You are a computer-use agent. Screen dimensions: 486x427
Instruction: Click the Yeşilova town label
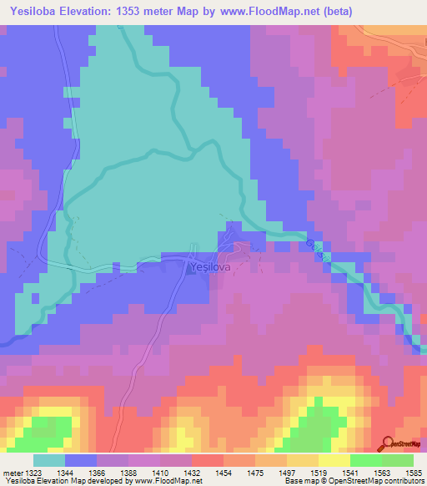tap(206, 267)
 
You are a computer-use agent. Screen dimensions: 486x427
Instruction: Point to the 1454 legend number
tap(223, 473)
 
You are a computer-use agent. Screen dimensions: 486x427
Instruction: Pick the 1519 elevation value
tap(318, 473)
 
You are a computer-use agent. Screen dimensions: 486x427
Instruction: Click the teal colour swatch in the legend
tap(48, 460)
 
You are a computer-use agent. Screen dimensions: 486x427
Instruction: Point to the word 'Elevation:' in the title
tap(98, 12)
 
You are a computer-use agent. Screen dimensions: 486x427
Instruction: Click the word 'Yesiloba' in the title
tap(33, 12)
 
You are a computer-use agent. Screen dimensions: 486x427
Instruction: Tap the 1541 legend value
tap(349, 473)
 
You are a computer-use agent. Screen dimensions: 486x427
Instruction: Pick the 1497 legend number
tap(287, 473)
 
